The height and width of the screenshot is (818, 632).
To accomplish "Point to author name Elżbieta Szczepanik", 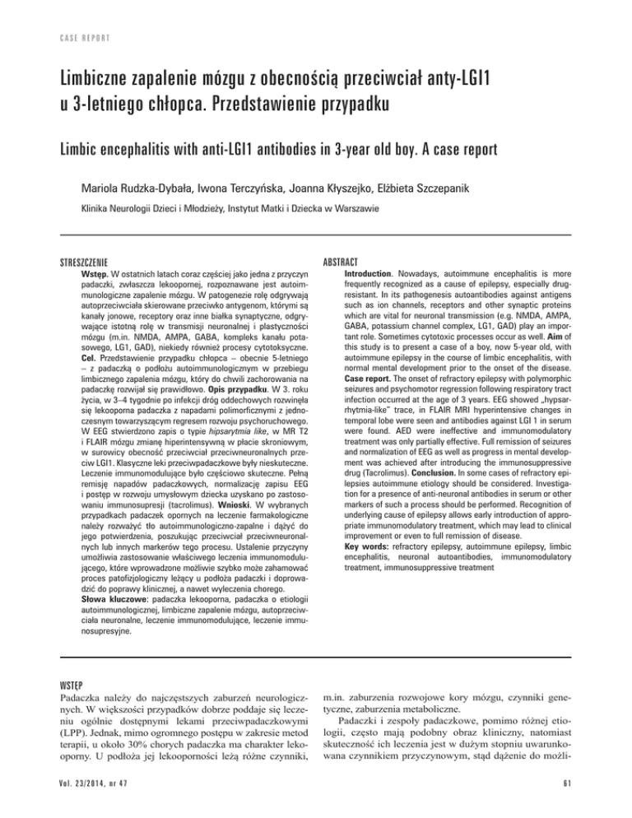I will [472, 193].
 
